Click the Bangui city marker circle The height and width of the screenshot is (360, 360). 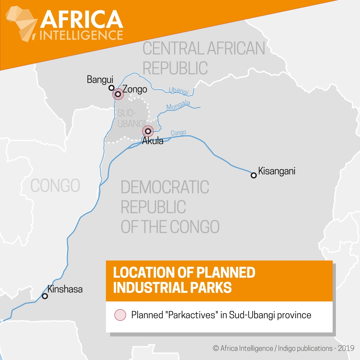tap(112, 88)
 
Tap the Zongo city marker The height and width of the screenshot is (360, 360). tap(118, 94)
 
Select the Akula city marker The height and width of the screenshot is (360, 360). tap(148, 131)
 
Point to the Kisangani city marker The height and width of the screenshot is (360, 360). tap(253, 175)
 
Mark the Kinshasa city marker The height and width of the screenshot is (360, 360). tap(45, 296)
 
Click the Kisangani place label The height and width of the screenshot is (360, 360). tap(276, 171)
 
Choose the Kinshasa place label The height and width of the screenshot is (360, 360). tap(65, 289)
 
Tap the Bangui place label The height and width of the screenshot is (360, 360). tap(100, 79)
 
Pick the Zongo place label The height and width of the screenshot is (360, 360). tap(135, 89)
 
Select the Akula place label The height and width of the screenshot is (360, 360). tap(153, 141)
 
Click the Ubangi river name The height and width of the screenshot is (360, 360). tap(179, 91)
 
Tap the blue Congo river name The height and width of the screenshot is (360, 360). tap(179, 133)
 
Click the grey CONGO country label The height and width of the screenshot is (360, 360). tap(55, 185)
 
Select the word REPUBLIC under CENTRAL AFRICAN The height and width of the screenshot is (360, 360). tap(175, 68)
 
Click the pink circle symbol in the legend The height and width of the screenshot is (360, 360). tap(120, 315)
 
